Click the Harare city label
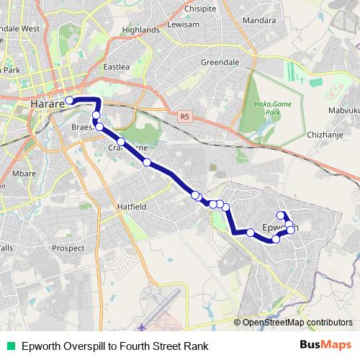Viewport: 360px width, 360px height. (47, 105)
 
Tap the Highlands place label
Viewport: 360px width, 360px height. (140, 30)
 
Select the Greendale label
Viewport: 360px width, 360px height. (220, 63)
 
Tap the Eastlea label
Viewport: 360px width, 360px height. (117, 67)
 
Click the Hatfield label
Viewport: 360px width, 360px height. (132, 207)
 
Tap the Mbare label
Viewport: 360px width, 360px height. (23, 174)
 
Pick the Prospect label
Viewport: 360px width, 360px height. (69, 248)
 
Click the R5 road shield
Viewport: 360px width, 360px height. (185, 115)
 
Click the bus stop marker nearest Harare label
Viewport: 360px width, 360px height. (70, 101)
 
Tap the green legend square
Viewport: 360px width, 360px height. (10, 346)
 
